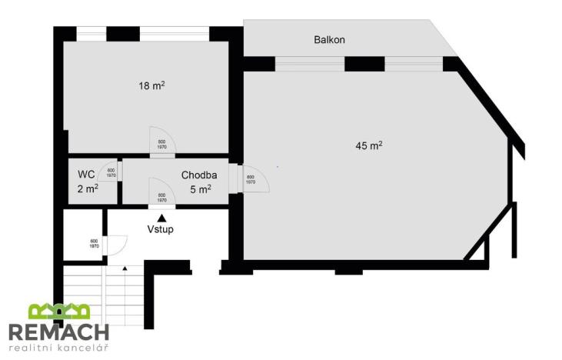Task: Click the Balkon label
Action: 328,40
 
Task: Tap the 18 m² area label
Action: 151,85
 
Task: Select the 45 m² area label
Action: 369,145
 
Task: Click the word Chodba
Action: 199,175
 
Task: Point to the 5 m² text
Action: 200,189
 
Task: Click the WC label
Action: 86,175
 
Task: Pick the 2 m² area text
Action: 87,188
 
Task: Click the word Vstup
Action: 161,229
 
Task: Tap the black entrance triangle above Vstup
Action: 161,218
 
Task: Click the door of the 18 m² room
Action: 162,143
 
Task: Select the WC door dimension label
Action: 111,173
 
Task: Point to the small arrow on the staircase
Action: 125,268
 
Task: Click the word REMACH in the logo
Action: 58,332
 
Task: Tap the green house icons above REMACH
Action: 59,311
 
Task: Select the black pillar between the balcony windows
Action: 364,64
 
